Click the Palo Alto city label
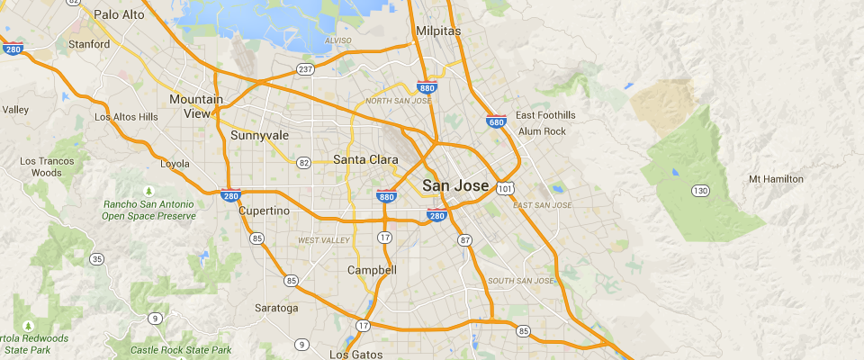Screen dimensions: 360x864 [x=120, y=14]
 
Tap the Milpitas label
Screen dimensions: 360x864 [x=439, y=31]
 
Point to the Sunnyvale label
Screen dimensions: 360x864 [x=259, y=136]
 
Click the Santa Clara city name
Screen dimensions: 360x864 [x=365, y=160]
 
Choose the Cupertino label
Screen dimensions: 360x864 [x=265, y=211]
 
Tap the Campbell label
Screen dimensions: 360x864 [x=372, y=270]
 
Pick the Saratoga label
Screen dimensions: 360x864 [x=276, y=308]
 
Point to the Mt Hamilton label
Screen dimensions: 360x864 [x=776, y=179]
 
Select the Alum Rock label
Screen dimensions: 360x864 [x=542, y=131]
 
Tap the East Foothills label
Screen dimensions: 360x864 [x=545, y=115]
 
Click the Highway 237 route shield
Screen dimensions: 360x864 [x=306, y=69]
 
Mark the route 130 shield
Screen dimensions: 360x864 [x=700, y=190]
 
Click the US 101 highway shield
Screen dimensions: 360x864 [x=505, y=188]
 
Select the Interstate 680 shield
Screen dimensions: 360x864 [x=496, y=121]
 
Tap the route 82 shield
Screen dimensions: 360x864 [x=304, y=163]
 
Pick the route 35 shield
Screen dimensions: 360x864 [x=96, y=259]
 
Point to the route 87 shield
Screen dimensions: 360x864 [x=464, y=240]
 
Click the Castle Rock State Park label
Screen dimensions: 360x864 [x=181, y=350]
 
